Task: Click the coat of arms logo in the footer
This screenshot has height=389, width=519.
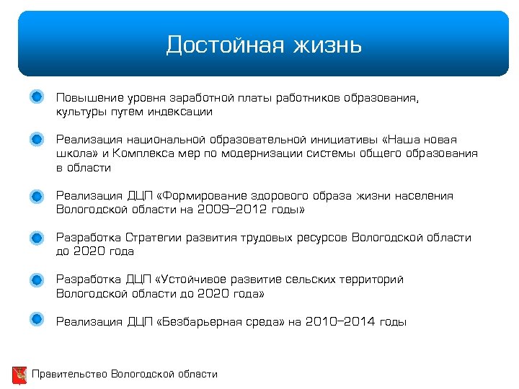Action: (19, 375)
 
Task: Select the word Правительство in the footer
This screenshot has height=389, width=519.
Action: (70, 374)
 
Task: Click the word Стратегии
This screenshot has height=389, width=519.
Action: (154, 238)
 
